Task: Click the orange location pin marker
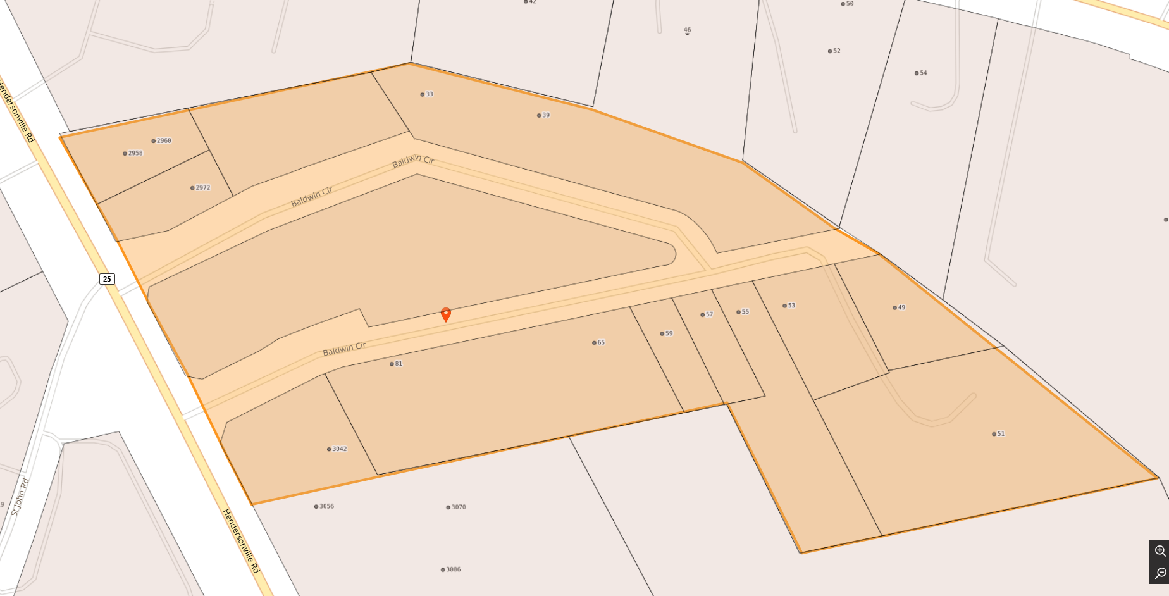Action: pos(446,314)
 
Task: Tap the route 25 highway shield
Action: pos(107,279)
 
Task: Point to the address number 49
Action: pos(901,307)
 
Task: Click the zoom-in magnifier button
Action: pos(1160,551)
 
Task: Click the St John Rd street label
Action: pos(20,497)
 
